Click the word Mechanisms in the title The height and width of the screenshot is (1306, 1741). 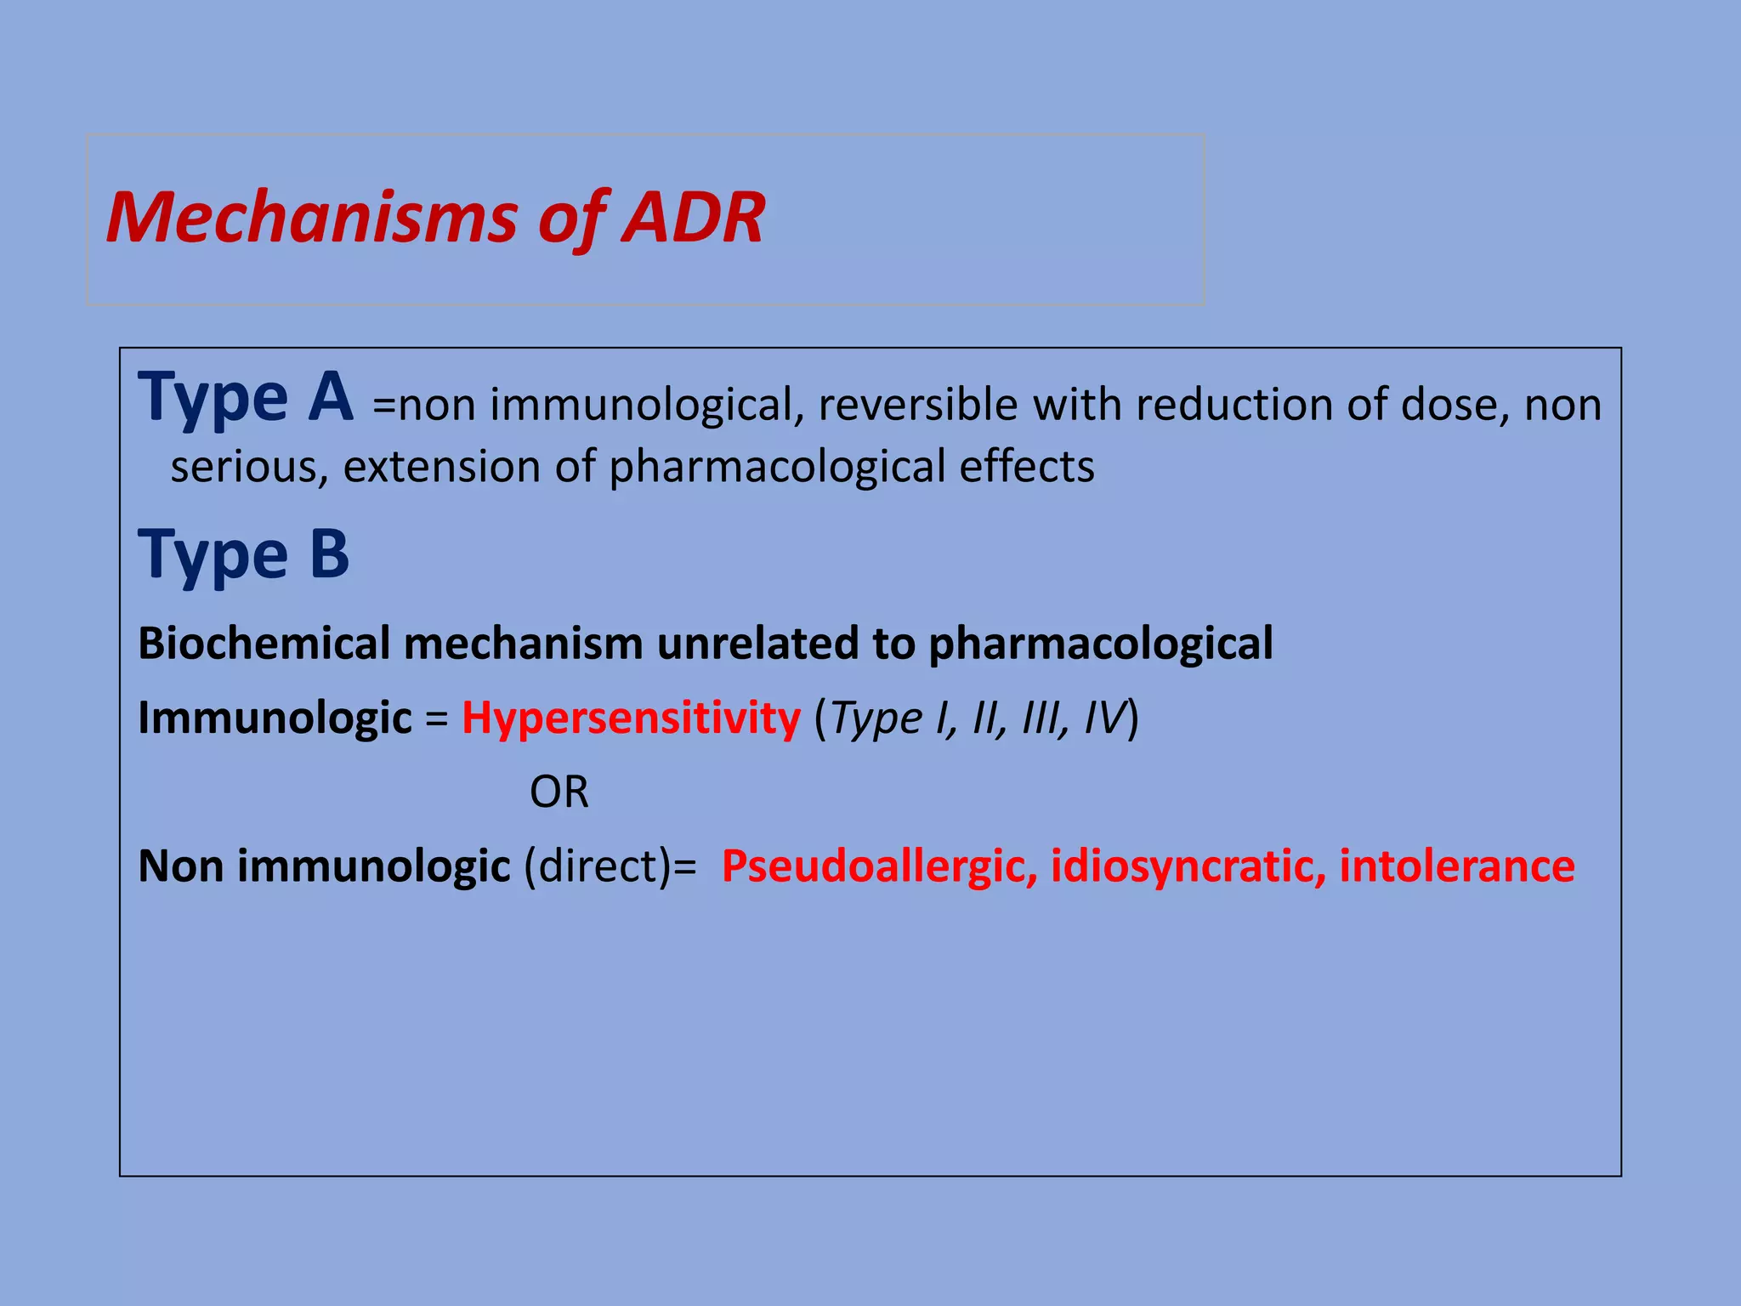pos(311,219)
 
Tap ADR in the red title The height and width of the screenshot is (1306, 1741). pos(693,218)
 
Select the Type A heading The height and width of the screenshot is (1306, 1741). pos(246,398)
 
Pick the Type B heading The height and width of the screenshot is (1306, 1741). pos(244,555)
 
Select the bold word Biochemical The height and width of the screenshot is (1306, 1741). pos(264,644)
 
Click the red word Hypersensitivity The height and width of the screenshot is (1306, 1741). pos(631,718)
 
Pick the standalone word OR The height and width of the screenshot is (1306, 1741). pos(559,792)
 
